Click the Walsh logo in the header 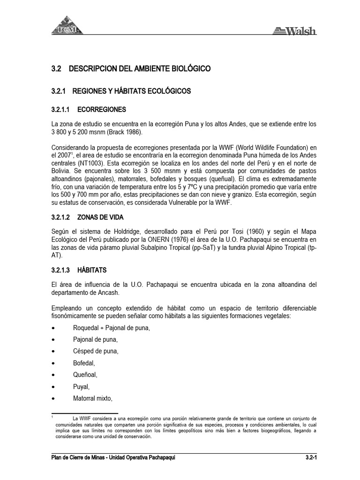click(x=294, y=31)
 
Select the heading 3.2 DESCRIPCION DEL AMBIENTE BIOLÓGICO click(x=131, y=69)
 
